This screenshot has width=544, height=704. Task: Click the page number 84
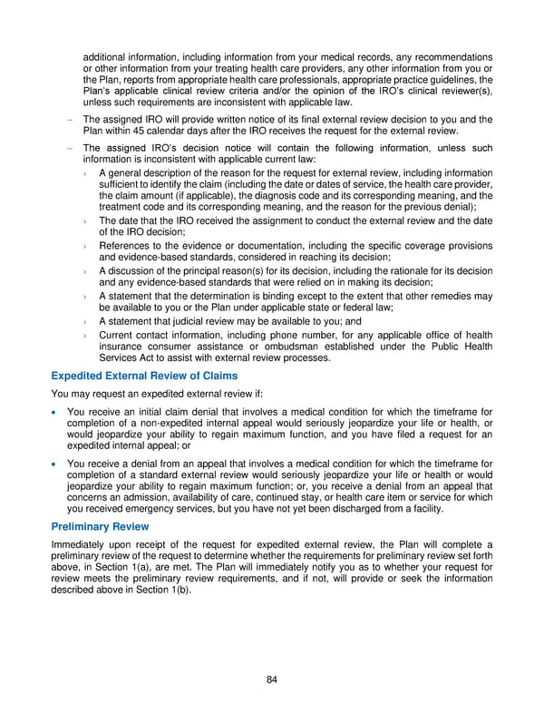272,679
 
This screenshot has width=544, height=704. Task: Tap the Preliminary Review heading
99,525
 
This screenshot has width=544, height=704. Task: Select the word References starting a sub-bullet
127,245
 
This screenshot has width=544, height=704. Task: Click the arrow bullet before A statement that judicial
84,321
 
